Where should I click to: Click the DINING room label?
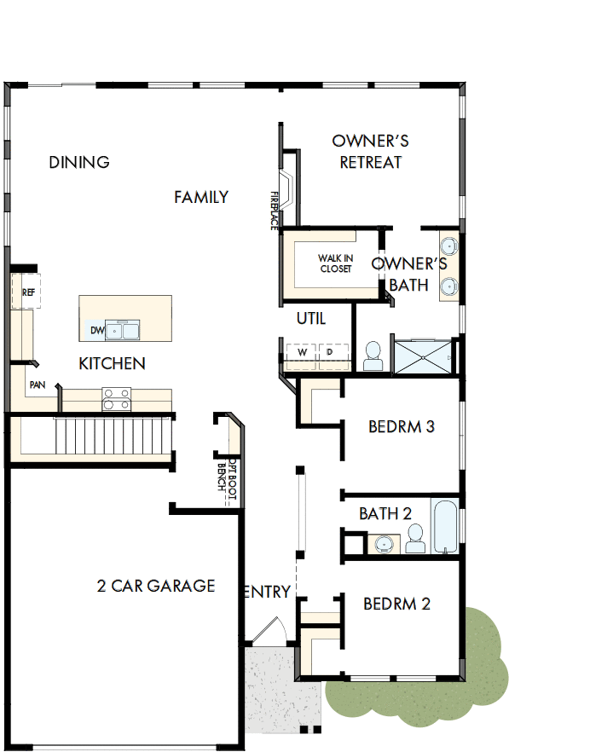click(79, 162)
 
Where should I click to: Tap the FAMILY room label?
click(201, 197)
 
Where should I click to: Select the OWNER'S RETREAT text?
click(371, 152)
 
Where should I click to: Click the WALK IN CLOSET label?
click(335, 263)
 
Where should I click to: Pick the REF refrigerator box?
click(26, 292)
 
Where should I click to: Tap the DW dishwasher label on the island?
click(95, 330)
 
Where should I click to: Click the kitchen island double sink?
click(124, 330)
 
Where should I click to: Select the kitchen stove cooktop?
click(117, 397)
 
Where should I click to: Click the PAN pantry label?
click(37, 385)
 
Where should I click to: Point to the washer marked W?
click(302, 352)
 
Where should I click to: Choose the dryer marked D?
click(330, 352)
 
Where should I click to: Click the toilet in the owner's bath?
click(373, 356)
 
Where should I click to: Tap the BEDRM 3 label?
click(401, 426)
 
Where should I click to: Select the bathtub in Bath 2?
click(444, 527)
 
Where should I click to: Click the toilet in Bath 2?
click(415, 538)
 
